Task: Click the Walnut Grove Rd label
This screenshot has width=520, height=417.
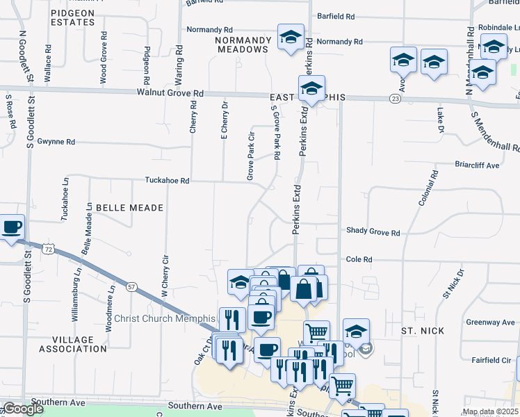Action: [x=170, y=92]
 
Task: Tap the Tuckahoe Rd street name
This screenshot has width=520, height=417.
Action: [x=167, y=180]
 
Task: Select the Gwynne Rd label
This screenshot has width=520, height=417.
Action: [x=56, y=141]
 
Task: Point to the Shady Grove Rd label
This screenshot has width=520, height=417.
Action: [x=373, y=233]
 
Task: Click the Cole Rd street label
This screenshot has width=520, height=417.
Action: [x=359, y=259]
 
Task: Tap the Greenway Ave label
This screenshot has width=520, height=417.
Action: [x=490, y=322]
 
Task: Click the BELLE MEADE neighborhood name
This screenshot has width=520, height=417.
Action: [x=129, y=208]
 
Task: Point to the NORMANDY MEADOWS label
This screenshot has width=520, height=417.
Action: [x=242, y=45]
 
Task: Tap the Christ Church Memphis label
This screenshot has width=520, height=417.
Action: [x=170, y=318]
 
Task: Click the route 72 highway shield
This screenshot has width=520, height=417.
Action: [x=47, y=248]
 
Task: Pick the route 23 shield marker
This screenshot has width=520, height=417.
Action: [x=395, y=99]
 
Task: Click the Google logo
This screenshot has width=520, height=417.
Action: [x=23, y=409]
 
